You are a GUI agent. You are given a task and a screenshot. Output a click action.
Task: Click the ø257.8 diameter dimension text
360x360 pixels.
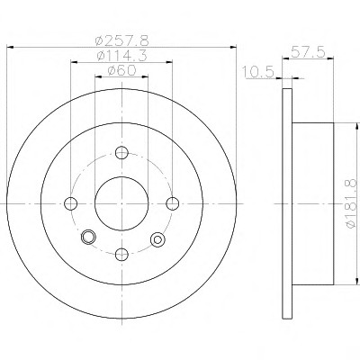[x=121, y=40]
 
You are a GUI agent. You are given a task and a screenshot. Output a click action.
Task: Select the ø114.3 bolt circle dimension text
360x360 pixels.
[x=121, y=56]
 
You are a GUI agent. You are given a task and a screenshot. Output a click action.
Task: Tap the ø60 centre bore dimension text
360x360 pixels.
[x=121, y=70]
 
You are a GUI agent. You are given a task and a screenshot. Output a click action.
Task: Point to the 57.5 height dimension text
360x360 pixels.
[x=308, y=53]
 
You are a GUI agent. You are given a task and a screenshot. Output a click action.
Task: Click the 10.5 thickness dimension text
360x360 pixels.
[x=258, y=72]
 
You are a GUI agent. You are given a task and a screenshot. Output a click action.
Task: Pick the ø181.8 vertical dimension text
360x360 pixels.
[x=352, y=203]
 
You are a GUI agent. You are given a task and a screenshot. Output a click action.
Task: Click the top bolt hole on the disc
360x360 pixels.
[x=121, y=153]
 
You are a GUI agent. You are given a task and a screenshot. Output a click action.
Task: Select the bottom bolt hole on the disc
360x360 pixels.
[x=121, y=255]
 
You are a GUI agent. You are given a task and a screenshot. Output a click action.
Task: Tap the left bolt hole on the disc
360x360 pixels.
[x=71, y=203]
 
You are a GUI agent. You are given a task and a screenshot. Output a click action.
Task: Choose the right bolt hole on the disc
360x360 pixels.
[x=173, y=203]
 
